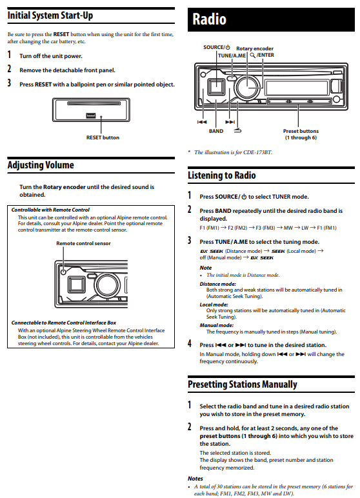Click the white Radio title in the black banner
[210, 19]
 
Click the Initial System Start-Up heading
[50, 15]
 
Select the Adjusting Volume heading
[41, 165]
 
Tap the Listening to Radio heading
[221, 175]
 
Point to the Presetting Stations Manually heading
[242, 384]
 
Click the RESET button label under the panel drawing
[103, 137]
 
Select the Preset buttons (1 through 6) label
[300, 134]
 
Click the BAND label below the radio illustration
[216, 131]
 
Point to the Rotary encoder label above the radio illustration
[254, 48]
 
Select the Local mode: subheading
[212, 304]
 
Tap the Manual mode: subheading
[216, 326]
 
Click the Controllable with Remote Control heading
[50, 210]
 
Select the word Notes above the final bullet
[195, 478]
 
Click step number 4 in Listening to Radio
[190, 344]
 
